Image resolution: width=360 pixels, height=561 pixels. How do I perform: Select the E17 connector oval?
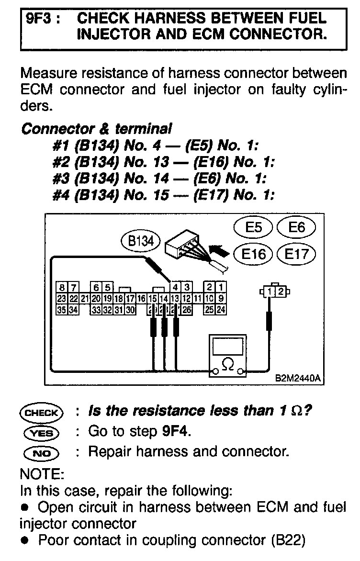click(x=297, y=253)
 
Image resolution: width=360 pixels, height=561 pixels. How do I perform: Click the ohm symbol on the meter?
click(x=228, y=365)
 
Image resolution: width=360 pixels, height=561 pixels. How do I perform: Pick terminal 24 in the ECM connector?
click(x=221, y=310)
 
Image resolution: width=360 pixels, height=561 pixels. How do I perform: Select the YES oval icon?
click(x=41, y=433)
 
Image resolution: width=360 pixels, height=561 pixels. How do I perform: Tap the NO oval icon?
click(x=41, y=452)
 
